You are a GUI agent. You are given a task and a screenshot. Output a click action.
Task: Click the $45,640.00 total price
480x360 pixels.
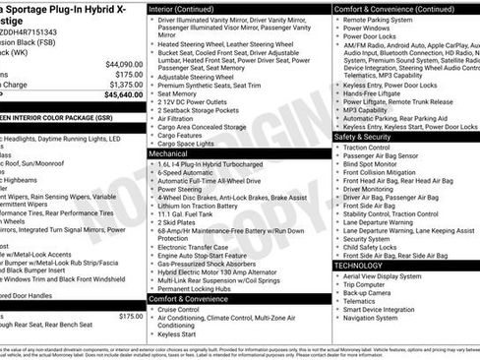[119, 95]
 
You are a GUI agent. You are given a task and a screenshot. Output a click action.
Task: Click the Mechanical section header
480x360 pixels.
[169, 154]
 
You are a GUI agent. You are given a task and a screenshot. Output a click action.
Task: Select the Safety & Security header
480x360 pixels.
[363, 137]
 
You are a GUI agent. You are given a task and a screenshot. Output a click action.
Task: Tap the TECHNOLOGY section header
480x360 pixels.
[359, 266]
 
